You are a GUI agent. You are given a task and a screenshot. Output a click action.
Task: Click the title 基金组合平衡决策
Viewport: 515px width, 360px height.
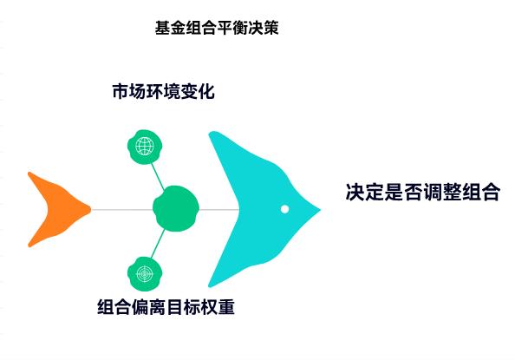216,29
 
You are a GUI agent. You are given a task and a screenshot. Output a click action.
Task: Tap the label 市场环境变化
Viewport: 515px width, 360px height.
163,91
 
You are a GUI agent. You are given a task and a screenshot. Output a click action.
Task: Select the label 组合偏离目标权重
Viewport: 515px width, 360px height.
166,307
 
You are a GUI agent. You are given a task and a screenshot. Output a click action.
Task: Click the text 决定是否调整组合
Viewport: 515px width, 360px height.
422,193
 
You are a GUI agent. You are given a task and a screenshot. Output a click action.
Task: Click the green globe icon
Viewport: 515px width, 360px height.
144,145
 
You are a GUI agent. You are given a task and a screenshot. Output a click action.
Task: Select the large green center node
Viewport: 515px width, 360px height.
176,209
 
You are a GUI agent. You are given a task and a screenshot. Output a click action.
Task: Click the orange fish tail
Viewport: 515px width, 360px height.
54,209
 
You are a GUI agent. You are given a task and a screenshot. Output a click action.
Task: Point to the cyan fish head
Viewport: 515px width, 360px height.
251,209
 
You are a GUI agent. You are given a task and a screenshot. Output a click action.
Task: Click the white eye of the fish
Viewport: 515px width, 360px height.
284,209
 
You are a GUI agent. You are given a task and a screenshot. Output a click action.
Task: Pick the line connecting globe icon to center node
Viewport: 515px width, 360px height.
158,172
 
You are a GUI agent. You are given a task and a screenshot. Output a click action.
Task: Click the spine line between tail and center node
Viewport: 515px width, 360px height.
121,209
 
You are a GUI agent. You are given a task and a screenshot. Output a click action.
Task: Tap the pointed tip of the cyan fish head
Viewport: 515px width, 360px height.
319,209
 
